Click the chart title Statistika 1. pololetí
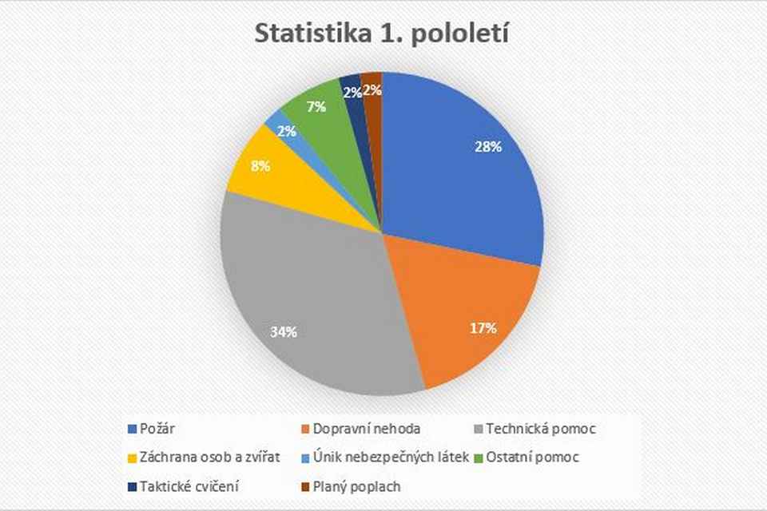[x=382, y=34]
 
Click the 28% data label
[x=488, y=147]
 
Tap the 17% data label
[x=483, y=328]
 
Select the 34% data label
[x=284, y=332]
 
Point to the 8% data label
[x=260, y=166]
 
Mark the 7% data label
[x=316, y=107]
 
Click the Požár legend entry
[x=151, y=429]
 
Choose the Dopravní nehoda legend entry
[x=360, y=429]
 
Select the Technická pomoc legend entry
[x=535, y=429]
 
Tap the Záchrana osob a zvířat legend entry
[x=204, y=458]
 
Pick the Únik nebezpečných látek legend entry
[x=385, y=458]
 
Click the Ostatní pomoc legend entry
[x=527, y=458]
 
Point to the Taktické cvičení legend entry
[x=184, y=487]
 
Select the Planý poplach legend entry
[x=351, y=487]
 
